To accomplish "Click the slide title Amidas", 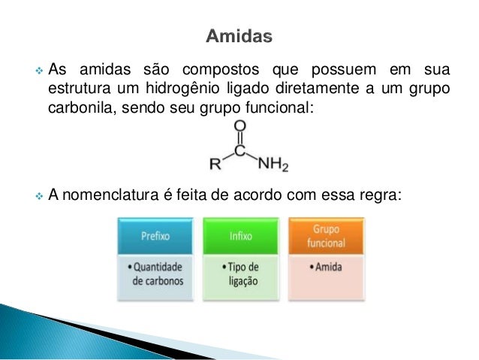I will point(239,36).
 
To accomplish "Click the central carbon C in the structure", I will point(239,151).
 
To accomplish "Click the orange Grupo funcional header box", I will point(327,236).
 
